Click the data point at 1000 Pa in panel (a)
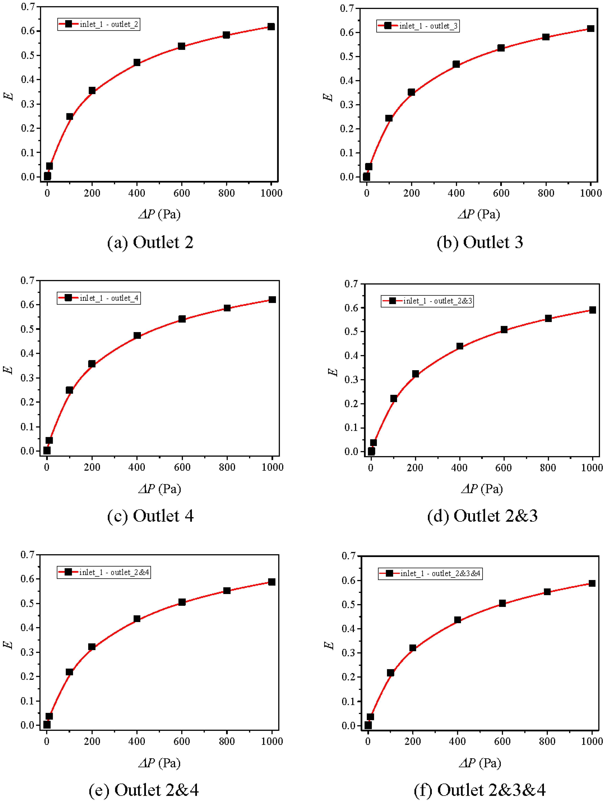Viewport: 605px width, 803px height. pyautogui.click(x=271, y=27)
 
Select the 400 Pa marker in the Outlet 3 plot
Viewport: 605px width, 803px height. pyautogui.click(x=456, y=64)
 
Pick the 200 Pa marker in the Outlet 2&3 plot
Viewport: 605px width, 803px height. pyautogui.click(x=415, y=374)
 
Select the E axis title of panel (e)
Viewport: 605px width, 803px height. pyautogui.click(x=8, y=645)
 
